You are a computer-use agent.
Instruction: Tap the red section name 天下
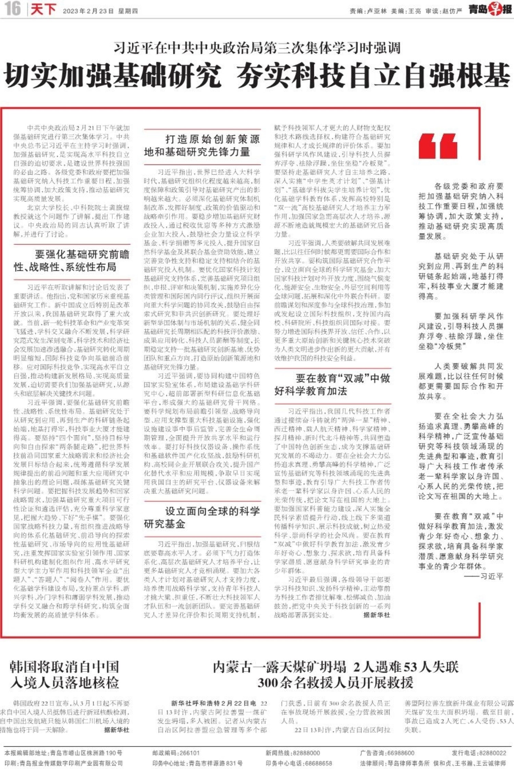coord(44,9)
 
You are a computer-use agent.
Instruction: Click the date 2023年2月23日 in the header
coord(88,11)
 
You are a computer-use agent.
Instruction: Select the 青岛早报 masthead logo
coord(490,9)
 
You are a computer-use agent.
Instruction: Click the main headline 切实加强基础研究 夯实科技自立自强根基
coord(257,76)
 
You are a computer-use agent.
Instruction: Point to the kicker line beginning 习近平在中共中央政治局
coord(257,48)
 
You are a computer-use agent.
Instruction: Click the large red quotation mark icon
coord(438,146)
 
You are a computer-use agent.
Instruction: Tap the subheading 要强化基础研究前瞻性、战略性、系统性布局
coord(72,261)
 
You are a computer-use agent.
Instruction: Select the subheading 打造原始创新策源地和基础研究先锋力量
coord(202,145)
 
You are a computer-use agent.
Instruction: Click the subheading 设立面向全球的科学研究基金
coord(202,517)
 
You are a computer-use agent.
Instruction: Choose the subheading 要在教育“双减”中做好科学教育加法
coord(332,385)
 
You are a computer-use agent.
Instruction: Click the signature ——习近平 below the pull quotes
coord(484,576)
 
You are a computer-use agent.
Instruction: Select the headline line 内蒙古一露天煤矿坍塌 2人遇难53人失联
coord(335,667)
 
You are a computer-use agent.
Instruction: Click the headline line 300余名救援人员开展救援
coord(335,683)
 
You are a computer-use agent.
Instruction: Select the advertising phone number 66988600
coord(401,753)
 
